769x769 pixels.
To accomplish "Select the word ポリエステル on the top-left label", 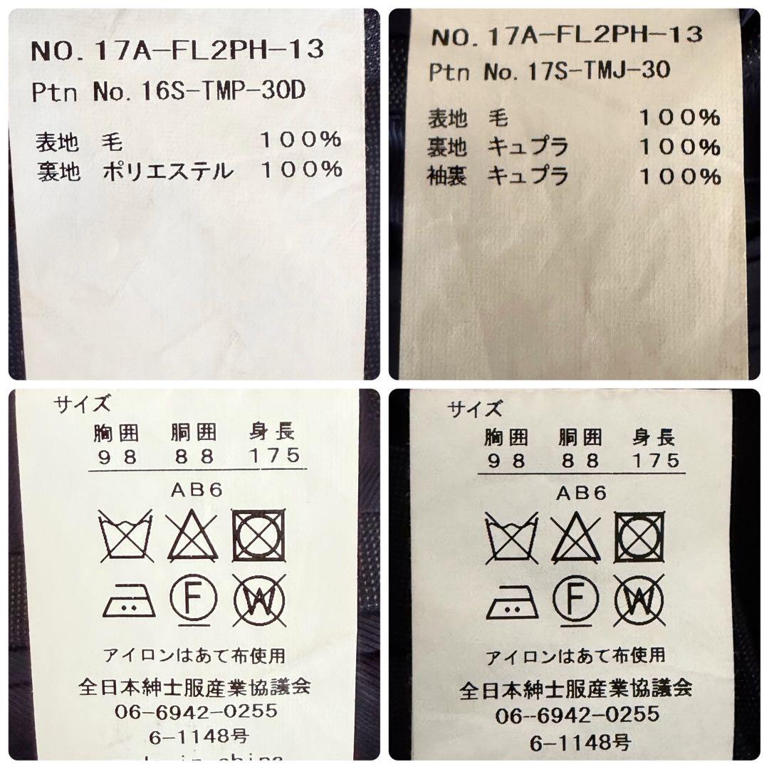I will (167, 171).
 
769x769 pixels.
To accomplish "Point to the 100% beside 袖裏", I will (679, 176).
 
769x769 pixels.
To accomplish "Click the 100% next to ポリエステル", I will (301, 170).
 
